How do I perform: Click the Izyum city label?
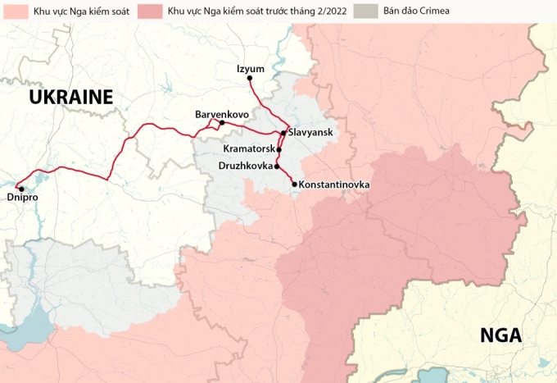tap(249, 68)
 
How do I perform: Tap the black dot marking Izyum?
tap(250, 79)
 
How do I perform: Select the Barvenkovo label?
tap(222, 113)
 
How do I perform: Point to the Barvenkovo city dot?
tap(222, 123)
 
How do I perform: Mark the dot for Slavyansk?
tap(283, 133)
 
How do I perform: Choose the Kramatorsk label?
tap(248, 149)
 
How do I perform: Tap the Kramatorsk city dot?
tap(278, 150)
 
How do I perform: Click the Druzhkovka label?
tap(246, 166)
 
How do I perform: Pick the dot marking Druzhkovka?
tap(277, 166)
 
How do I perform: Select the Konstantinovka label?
tap(334, 185)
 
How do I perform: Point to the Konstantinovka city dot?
tap(294, 185)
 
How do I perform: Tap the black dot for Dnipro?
tap(20, 189)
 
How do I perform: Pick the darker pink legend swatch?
tap(151, 11)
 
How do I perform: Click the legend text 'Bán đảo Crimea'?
tap(416, 12)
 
